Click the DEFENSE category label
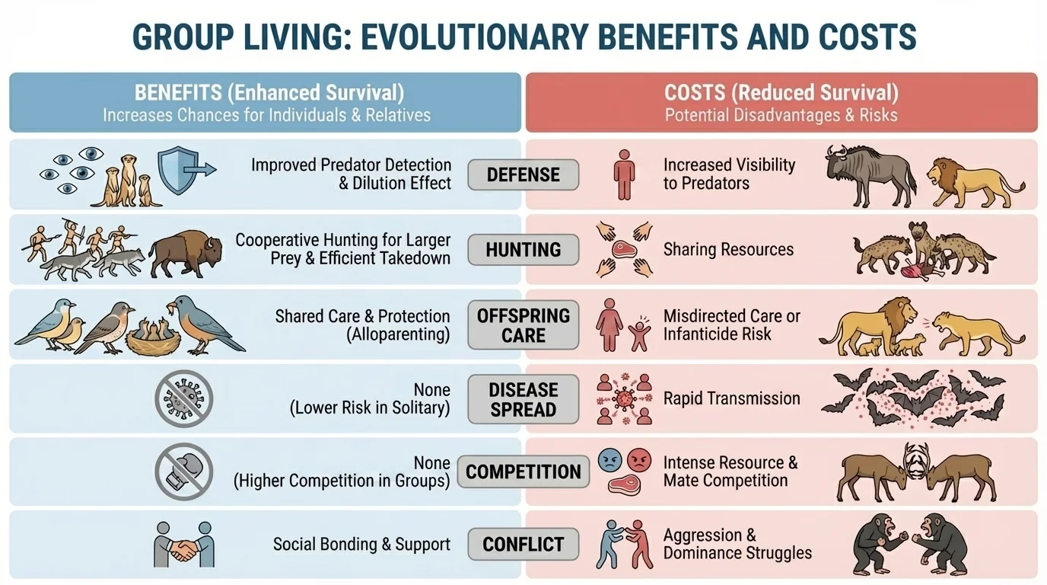pos(523,174)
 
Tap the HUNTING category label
pos(523,249)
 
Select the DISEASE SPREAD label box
pos(523,399)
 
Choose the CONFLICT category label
pos(523,545)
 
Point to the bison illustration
pos(186,254)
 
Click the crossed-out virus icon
pos(183,398)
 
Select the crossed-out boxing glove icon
pos(183,472)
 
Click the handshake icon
pos(183,544)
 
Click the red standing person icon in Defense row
pos(625,174)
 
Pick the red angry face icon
pos(639,459)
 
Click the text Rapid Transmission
pos(731,398)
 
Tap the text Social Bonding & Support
pos(361,545)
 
